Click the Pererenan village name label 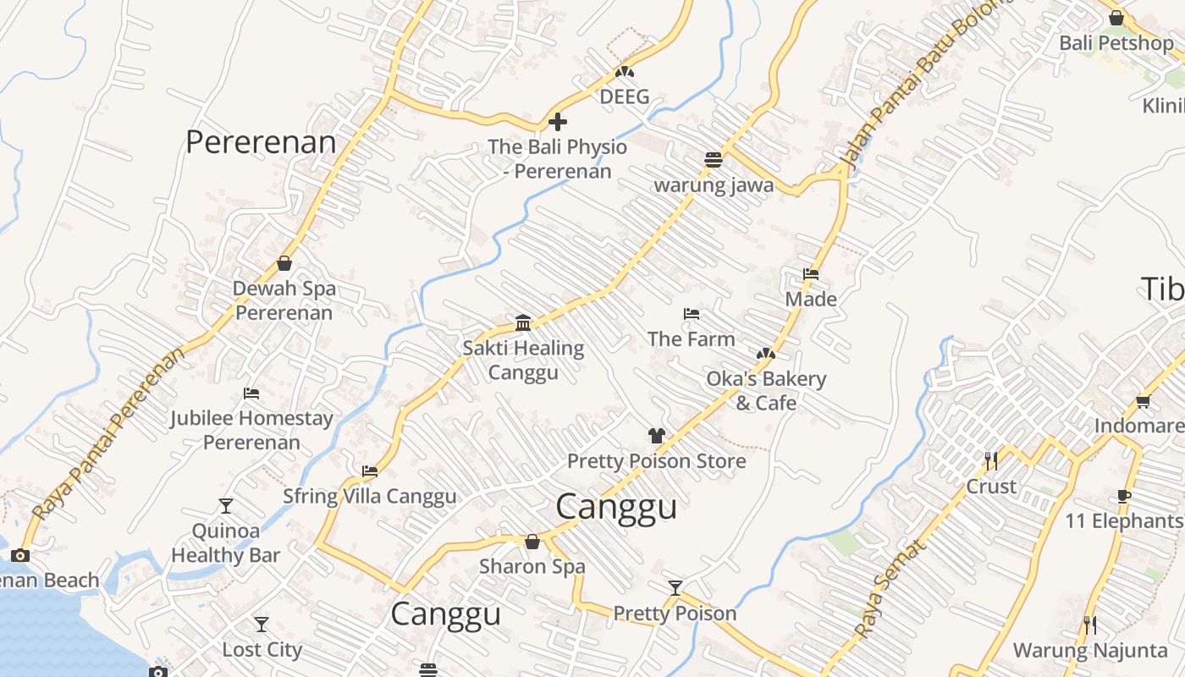point(261,142)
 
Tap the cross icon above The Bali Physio point(558,122)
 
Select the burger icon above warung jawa point(714,160)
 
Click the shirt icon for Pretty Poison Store point(656,436)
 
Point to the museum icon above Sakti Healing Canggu point(523,322)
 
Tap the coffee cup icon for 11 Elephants point(1124,496)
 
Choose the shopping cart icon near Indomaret point(1143,401)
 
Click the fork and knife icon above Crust point(991,461)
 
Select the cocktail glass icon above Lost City point(262,625)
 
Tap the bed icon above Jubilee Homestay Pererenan point(251,394)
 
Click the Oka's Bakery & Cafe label point(766,390)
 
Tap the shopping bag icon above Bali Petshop point(1116,18)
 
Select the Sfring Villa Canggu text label point(369,496)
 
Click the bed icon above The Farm point(692,314)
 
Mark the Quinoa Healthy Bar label point(225,542)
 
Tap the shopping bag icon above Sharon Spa point(532,542)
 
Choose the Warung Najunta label point(1090,650)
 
